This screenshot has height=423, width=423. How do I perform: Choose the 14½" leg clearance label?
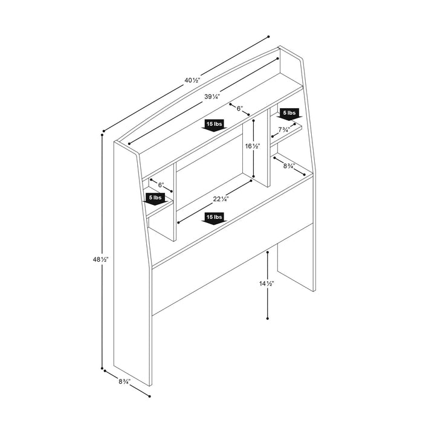(267, 283)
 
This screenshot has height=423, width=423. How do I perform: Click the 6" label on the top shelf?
(239, 109)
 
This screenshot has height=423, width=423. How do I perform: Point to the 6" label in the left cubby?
(161, 184)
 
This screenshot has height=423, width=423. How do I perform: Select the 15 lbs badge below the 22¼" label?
(214, 217)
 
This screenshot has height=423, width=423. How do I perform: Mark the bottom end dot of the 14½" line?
(267, 318)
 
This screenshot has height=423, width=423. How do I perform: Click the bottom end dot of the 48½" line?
(104, 367)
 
